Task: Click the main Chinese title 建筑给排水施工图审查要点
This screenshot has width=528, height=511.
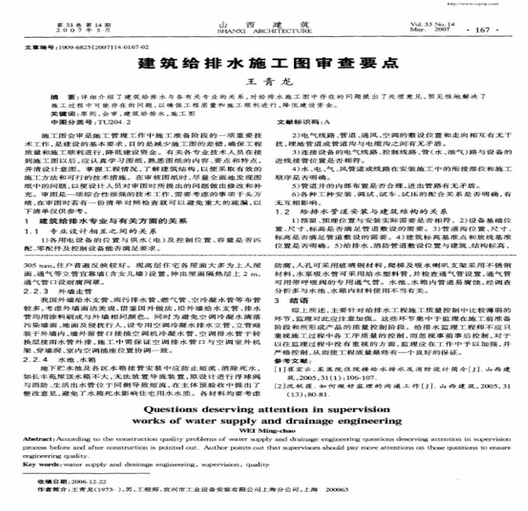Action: (x=263, y=63)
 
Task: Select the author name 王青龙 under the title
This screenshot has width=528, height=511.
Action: (x=263, y=81)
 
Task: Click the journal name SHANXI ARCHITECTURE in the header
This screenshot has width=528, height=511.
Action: (x=263, y=30)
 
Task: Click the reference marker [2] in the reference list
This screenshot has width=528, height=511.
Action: (x=280, y=386)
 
